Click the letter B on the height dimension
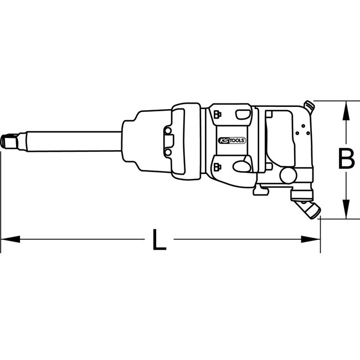(x=346, y=160)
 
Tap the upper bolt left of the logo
(x=216, y=115)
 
